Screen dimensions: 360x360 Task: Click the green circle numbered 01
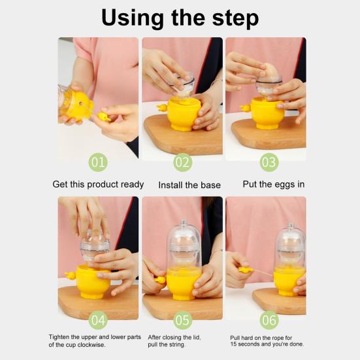coord(98,161)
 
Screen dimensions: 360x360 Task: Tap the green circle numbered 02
coord(182,161)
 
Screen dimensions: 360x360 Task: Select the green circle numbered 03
coord(269,161)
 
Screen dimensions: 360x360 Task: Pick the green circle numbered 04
coord(98,320)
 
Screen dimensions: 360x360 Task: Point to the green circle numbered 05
coord(182,320)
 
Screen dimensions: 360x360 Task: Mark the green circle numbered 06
coord(269,320)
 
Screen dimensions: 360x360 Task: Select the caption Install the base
coord(189,185)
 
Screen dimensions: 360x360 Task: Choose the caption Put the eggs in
coord(273,184)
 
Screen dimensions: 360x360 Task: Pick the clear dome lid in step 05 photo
coord(184,245)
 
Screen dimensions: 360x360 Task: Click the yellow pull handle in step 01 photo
coord(102,118)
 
